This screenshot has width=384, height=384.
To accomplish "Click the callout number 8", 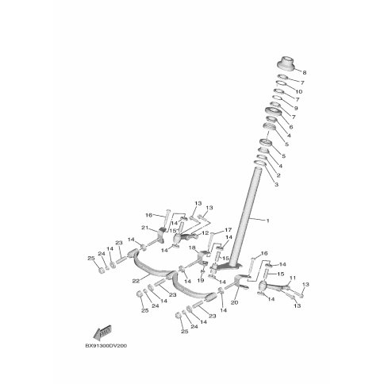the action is pyautogui.click(x=305, y=72).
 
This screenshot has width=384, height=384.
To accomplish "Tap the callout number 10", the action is pyautogui.click(x=299, y=92).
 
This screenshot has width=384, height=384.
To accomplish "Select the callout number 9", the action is pyautogui.click(x=296, y=108).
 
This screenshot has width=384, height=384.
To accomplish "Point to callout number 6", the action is pyautogui.click(x=291, y=127).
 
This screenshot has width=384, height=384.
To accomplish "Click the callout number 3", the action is pyautogui.click(x=276, y=185).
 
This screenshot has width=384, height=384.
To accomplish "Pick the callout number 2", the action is pyautogui.click(x=278, y=175).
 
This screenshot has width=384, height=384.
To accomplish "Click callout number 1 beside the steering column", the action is pyautogui.click(x=267, y=221).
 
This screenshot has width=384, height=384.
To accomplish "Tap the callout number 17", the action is pyautogui.click(x=228, y=230).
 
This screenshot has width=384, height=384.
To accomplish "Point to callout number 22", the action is pyautogui.click(x=136, y=281).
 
